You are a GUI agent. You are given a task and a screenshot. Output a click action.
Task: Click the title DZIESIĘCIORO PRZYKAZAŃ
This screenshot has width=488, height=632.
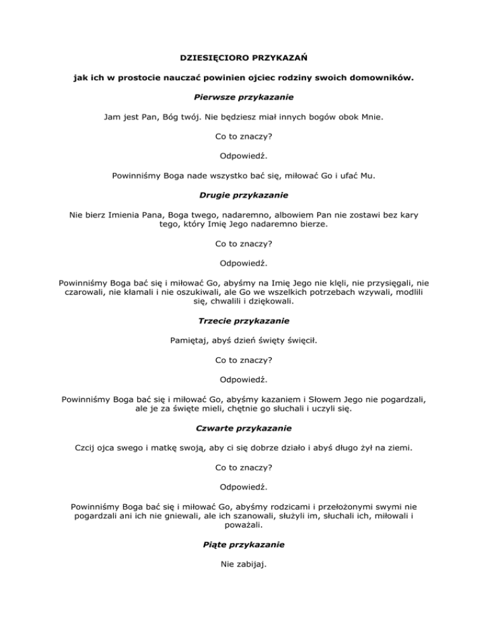click(244, 58)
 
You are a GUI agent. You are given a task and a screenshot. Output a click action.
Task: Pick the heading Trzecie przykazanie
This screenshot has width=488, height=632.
click(244, 321)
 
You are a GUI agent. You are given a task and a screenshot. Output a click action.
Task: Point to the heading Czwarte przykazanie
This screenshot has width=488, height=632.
click(244, 429)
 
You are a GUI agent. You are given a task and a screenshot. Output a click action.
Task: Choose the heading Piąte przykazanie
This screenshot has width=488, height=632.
click(244, 545)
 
